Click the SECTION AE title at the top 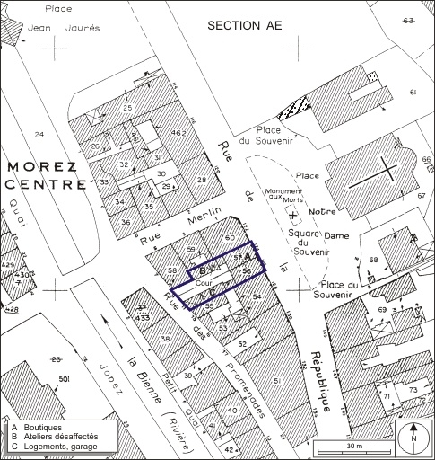pyautogui.click(x=244, y=26)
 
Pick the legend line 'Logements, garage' pyautogui.click(x=64, y=447)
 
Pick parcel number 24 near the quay pyautogui.click(x=39, y=134)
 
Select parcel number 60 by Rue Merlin pyautogui.click(x=230, y=237)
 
